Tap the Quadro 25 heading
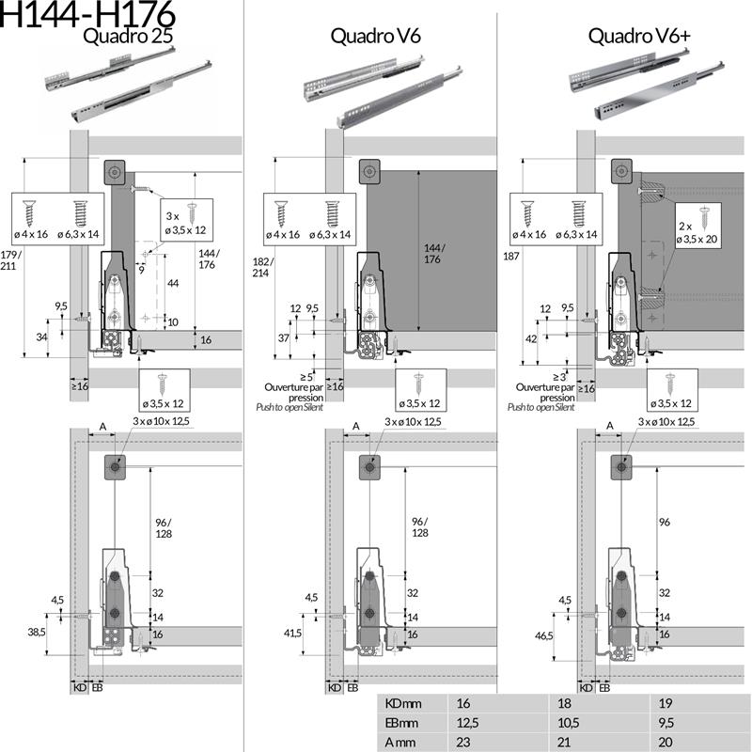(x=128, y=38)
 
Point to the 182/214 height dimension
(x=262, y=266)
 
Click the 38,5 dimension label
(x=37, y=633)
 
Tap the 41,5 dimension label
(x=291, y=634)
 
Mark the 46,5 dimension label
(x=545, y=636)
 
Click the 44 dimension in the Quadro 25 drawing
(x=172, y=283)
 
